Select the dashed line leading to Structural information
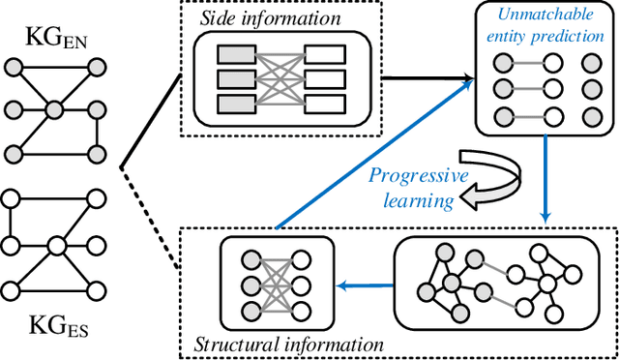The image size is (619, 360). point(150,217)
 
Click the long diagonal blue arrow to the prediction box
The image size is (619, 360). point(372,155)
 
